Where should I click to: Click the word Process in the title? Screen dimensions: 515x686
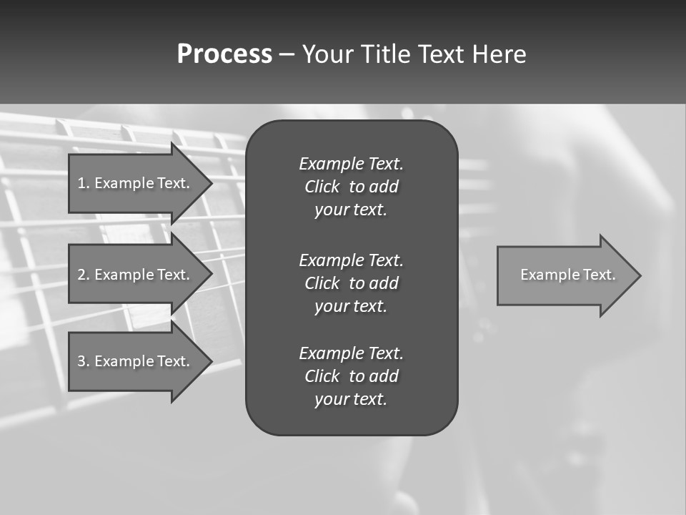224,54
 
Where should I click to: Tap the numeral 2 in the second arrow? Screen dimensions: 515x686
81,275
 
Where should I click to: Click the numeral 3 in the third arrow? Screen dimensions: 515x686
81,361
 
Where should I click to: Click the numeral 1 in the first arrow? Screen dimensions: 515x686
81,183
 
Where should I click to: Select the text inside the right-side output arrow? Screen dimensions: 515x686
567,275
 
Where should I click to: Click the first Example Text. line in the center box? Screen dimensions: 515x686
351,164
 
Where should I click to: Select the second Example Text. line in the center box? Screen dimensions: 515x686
351,260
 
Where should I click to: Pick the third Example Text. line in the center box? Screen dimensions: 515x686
351,353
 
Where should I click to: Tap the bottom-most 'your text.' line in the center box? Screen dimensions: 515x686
351,400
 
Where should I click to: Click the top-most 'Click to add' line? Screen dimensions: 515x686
351,187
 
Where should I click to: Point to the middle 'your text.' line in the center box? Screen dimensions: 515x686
351,306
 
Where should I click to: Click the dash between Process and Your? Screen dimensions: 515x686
287,54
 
